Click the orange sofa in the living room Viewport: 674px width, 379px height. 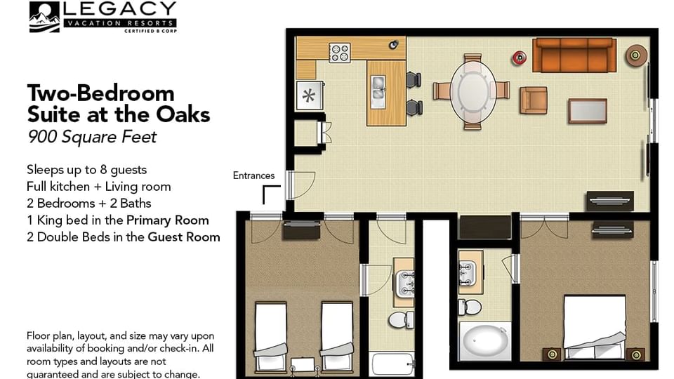pyautogui.click(x=574, y=55)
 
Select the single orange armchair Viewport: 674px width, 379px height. pyautogui.click(x=533, y=99)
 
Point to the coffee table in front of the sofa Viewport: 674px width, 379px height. pyautogui.click(x=587, y=111)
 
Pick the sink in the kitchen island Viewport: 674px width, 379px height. pyautogui.click(x=378, y=88)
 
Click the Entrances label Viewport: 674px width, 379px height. pyautogui.click(x=253, y=176)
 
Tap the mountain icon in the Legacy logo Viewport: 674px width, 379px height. pyautogui.click(x=44, y=18)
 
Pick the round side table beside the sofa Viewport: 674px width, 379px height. pyautogui.click(x=637, y=53)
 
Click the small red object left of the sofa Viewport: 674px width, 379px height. pyautogui.click(x=520, y=57)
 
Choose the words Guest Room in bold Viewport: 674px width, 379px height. pyautogui.click(x=183, y=237)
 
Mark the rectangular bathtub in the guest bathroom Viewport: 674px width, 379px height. pyautogui.click(x=394, y=365)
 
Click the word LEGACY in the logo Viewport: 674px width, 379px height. pyautogui.click(x=119, y=10)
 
